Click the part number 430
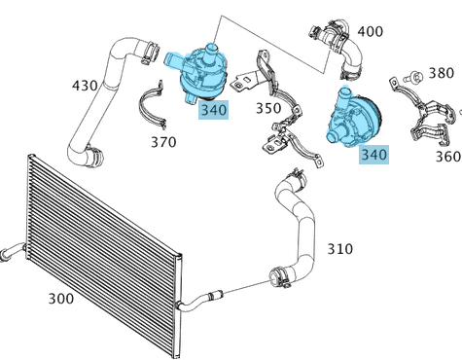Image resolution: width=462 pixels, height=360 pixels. click(85, 86)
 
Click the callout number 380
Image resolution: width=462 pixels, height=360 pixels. click(441, 73)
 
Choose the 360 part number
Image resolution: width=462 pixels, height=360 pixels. click(448, 156)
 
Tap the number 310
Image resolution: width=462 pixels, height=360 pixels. click(339, 249)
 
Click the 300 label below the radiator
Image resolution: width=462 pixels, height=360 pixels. click(60, 298)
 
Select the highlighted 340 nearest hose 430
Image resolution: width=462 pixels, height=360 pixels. click(213, 110)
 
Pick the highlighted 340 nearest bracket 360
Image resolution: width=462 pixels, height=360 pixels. click(373, 154)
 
